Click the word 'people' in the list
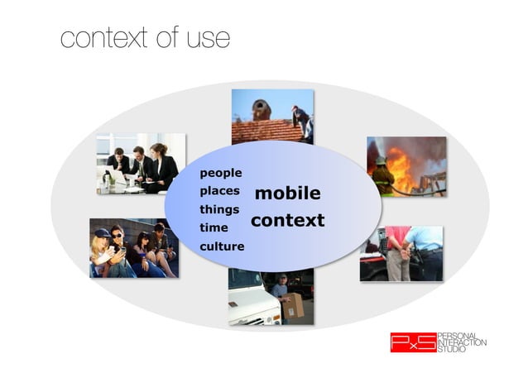click(220, 173)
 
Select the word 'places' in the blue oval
click(219, 191)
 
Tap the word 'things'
click(219, 209)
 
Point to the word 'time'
click(214, 227)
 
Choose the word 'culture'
click(222, 246)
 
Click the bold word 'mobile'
click(287, 194)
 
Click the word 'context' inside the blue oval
click(287, 221)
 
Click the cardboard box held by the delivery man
click(292, 306)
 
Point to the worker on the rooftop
click(302, 120)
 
